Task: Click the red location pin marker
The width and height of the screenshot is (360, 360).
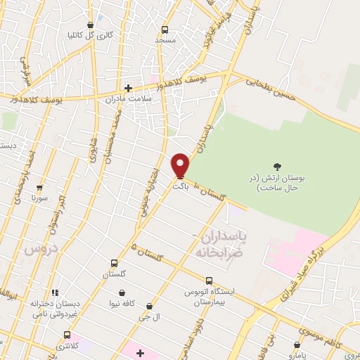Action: click(x=180, y=166)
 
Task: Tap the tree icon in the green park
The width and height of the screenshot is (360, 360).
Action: click(x=278, y=167)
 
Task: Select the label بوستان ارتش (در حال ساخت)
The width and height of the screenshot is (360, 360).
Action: click(x=277, y=183)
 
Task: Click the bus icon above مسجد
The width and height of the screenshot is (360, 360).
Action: click(x=165, y=30)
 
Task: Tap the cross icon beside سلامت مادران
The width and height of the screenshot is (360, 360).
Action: click(x=128, y=88)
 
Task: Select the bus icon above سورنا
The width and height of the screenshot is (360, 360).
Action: click(x=39, y=188)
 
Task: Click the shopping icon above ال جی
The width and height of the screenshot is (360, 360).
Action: click(x=150, y=306)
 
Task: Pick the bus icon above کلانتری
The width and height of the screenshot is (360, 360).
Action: click(x=67, y=335)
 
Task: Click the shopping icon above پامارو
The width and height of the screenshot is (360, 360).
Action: click(x=297, y=345)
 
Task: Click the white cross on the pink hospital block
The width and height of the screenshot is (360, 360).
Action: click(x=139, y=352)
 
